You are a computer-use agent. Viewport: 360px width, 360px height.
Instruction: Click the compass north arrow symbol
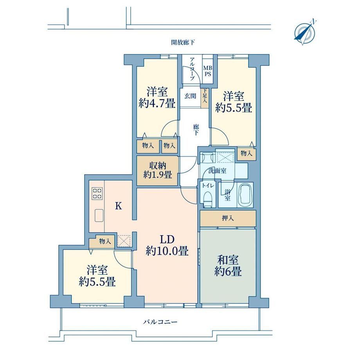click(305, 32)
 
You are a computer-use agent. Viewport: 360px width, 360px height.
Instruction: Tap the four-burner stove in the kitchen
click(97, 193)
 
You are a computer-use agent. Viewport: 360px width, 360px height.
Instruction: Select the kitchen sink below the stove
click(99, 216)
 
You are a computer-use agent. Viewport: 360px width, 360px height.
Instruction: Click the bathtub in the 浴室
click(245, 195)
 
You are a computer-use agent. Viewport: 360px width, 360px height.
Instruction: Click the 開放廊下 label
click(183, 43)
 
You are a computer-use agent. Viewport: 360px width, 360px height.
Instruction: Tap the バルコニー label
click(160, 322)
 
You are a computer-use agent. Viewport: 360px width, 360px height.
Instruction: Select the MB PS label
click(208, 71)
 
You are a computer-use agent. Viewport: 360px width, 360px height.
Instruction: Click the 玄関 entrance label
click(190, 96)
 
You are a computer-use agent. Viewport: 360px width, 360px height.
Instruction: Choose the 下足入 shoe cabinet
click(205, 98)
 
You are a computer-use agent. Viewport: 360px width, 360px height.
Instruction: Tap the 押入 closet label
click(227, 218)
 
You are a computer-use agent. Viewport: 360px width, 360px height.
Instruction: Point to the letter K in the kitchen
click(118, 206)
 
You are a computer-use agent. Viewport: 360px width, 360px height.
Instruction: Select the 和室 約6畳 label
click(228, 265)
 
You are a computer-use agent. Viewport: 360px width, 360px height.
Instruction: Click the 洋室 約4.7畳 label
click(157, 97)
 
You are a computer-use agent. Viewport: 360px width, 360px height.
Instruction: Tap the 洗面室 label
click(217, 171)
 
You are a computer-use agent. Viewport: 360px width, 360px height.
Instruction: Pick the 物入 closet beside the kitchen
click(102, 241)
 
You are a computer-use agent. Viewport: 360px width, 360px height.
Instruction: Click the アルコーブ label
click(192, 68)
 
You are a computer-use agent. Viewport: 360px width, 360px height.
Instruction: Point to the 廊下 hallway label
click(196, 130)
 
